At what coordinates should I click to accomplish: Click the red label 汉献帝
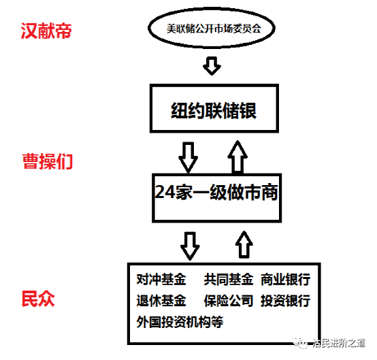[x=46, y=31]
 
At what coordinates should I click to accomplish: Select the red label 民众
[x=39, y=298]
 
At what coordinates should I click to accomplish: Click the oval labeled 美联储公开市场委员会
[x=213, y=29]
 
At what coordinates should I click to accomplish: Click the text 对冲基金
[x=161, y=280]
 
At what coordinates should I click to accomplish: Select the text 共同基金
[x=228, y=280]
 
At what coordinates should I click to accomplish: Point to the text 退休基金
[x=161, y=301]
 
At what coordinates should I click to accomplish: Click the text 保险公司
[x=228, y=301]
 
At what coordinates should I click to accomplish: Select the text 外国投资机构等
[x=180, y=322]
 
